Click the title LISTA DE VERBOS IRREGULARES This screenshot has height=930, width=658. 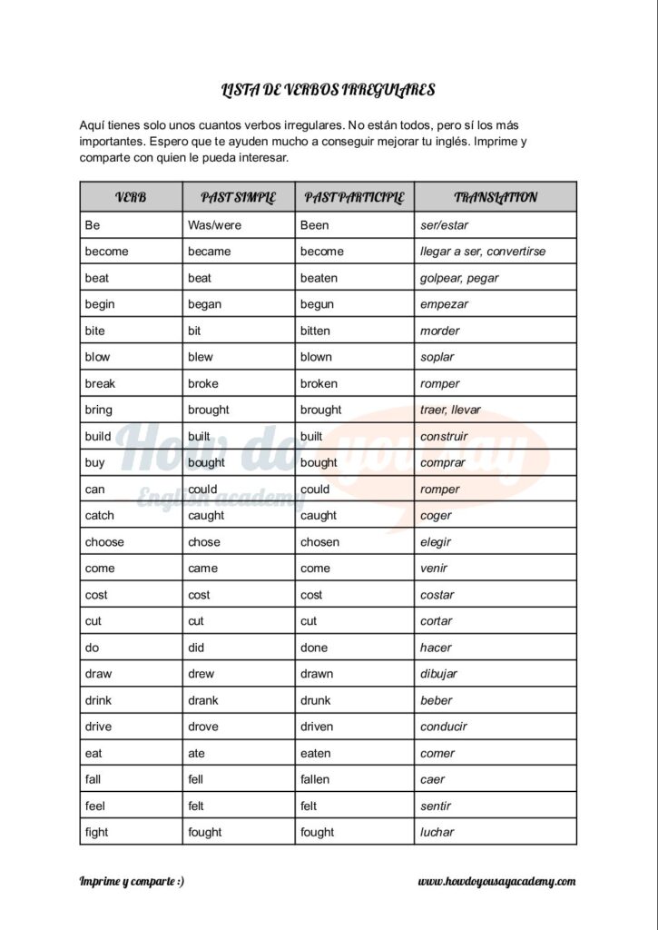[329, 90]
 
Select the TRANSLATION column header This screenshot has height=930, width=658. [496, 197]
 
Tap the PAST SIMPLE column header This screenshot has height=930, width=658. [238, 197]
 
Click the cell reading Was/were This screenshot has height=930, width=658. [214, 225]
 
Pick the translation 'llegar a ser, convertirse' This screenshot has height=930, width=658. [483, 252]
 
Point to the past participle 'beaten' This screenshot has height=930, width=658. [319, 278]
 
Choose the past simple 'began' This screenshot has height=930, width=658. [204, 304]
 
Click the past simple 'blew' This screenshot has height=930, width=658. [201, 357]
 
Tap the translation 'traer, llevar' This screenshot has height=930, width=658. [450, 410]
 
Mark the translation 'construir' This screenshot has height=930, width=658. [444, 436]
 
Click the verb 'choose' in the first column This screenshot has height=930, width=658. [104, 542]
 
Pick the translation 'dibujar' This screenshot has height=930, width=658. [438, 674]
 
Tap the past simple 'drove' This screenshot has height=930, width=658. [203, 727]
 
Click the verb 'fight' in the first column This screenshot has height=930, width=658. [96, 832]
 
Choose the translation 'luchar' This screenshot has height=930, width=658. [437, 832]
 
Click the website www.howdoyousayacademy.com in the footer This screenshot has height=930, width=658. [496, 881]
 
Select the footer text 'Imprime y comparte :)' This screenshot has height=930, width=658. [132, 881]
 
